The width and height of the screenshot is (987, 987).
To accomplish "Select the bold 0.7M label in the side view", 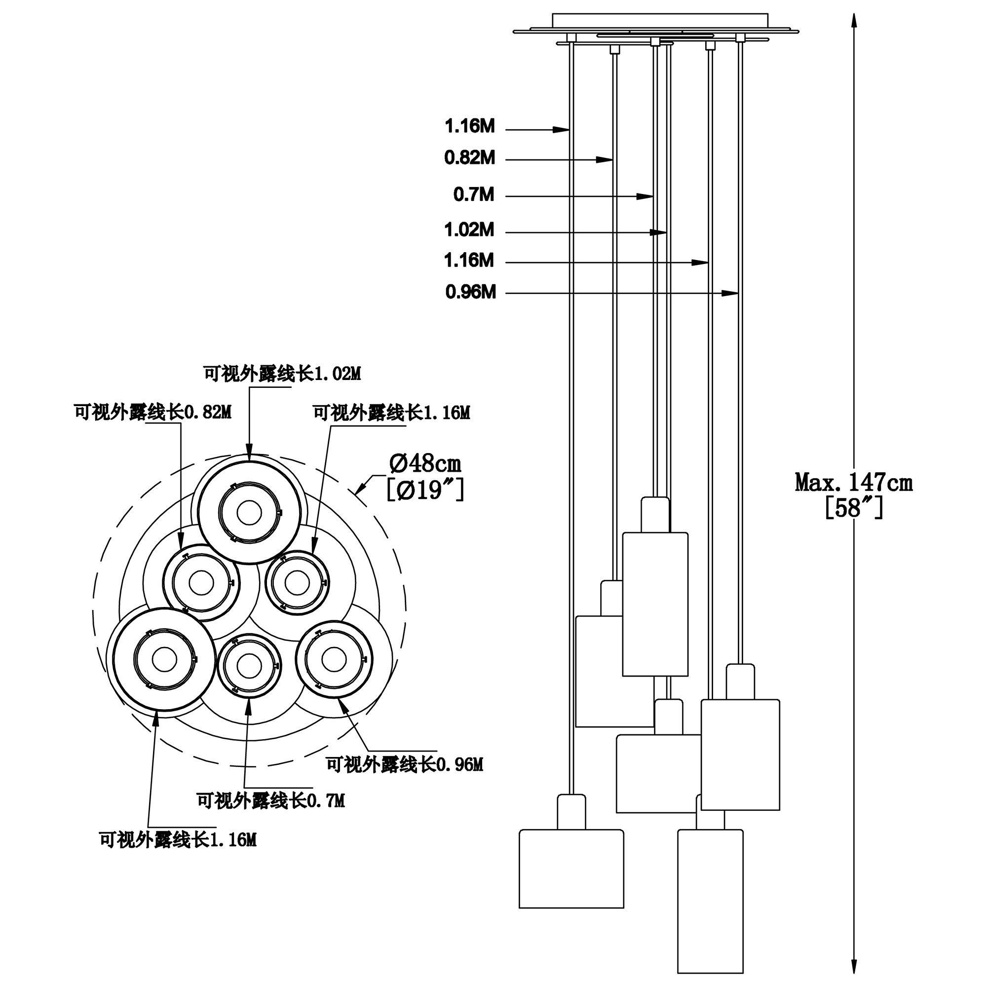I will [x=474, y=194].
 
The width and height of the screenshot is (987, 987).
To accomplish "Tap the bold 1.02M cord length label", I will [x=469, y=230].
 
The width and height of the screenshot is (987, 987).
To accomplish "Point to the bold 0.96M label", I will [x=470, y=292].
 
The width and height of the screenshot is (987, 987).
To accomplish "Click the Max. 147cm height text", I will [x=853, y=483].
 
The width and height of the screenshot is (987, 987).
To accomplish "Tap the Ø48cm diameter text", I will [x=425, y=464].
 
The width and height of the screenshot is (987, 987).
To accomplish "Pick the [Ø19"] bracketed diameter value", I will [x=425, y=491].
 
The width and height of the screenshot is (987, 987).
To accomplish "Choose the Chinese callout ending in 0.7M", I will [x=271, y=800].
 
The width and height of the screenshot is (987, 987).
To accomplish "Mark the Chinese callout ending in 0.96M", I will [x=405, y=765].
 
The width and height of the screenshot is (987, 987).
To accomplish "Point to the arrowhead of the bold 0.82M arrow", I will [x=605, y=160].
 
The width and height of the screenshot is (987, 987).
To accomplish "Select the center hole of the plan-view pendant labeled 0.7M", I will [x=246, y=666].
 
